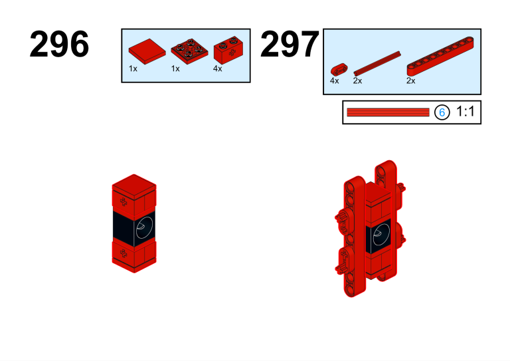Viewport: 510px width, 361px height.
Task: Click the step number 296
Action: pyautogui.click(x=59, y=44)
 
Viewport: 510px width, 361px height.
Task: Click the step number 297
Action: pyautogui.click(x=290, y=44)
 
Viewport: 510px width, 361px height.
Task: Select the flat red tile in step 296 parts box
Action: pyautogui.click(x=147, y=51)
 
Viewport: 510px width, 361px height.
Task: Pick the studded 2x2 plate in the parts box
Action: pyautogui.click(x=189, y=52)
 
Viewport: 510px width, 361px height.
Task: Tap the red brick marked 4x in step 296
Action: pyautogui.click(x=228, y=50)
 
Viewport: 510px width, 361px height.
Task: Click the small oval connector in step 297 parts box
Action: pyautogui.click(x=339, y=69)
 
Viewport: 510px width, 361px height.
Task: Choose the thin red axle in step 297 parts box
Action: pyautogui.click(x=377, y=63)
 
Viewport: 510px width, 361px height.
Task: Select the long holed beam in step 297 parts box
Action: pyautogui.click(x=440, y=57)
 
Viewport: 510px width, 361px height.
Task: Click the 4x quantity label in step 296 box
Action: pyautogui.click(x=218, y=68)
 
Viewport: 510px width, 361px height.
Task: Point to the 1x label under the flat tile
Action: pyautogui.click(x=133, y=68)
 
